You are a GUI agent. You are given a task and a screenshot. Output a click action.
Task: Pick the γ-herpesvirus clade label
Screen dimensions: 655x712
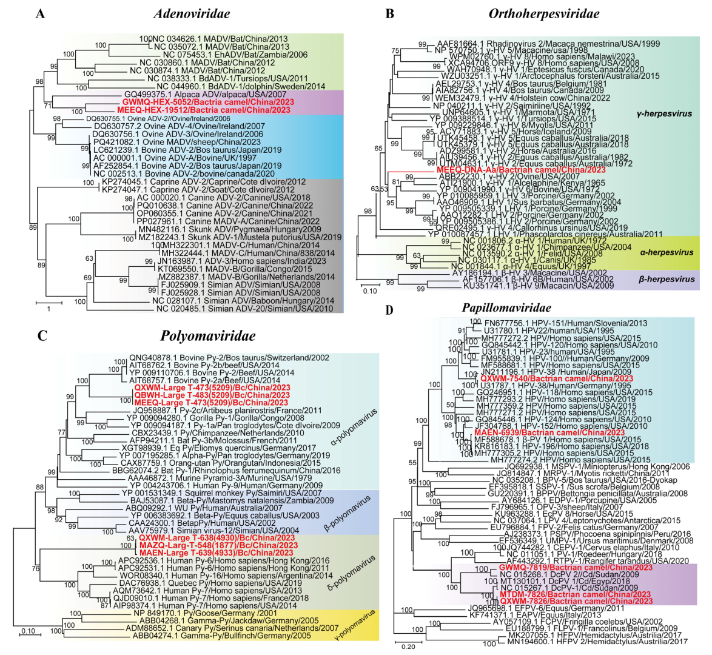point(666,113)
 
